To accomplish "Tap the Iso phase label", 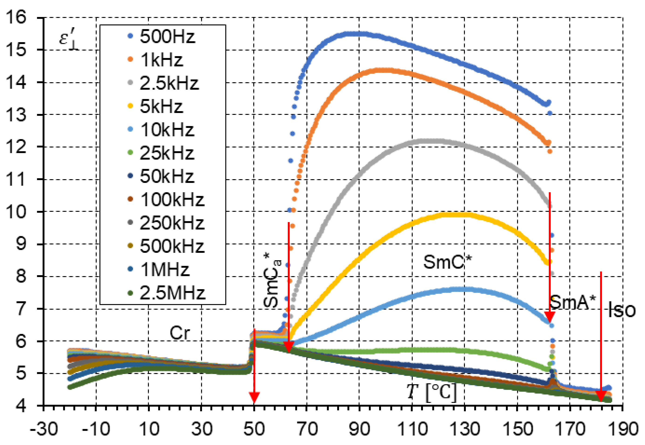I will click(x=621, y=310).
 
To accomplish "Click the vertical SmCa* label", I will click(x=272, y=280).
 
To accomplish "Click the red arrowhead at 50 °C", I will click(x=254, y=397).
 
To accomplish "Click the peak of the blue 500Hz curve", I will click(x=354, y=34).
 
